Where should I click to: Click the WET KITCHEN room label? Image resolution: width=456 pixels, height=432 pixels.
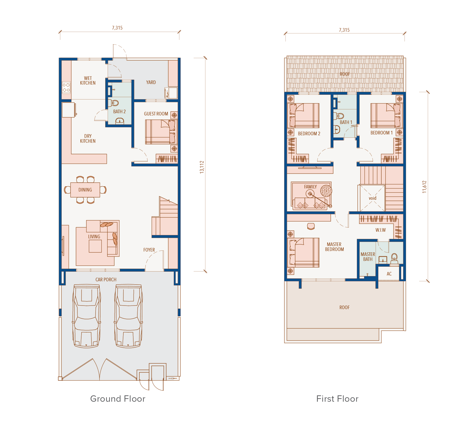[88, 80]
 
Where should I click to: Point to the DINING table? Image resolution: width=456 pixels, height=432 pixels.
[85, 190]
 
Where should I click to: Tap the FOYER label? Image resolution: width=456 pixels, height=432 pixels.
[149, 250]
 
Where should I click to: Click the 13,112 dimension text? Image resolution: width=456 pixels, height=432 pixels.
[202, 167]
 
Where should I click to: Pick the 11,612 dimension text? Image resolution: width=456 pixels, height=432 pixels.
[424, 187]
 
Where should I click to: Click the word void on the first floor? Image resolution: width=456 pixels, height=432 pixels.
[373, 198]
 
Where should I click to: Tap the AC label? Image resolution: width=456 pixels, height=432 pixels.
[389, 274]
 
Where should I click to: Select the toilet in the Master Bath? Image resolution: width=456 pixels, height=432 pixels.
[394, 258]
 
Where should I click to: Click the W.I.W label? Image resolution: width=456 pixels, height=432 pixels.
[381, 230]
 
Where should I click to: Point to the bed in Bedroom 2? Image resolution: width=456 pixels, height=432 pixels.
[303, 115]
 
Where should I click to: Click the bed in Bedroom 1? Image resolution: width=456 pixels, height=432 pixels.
[387, 115]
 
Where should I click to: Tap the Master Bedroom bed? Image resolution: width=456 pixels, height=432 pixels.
[303, 253]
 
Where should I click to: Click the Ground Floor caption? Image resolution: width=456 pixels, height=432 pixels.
[118, 399]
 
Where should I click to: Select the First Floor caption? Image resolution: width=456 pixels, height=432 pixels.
[337, 399]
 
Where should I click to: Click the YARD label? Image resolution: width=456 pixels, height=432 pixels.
[151, 82]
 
